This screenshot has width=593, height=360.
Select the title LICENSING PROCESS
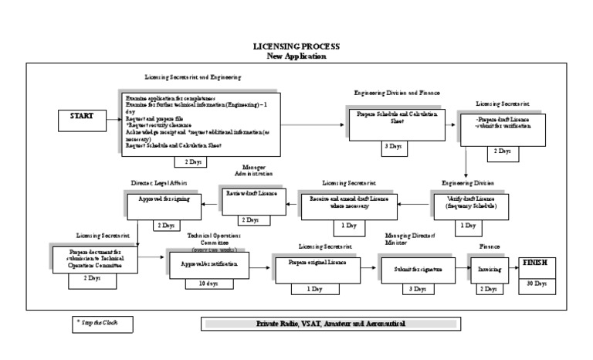pyautogui.click(x=296, y=47)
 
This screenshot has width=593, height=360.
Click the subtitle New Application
pyautogui.click(x=296, y=56)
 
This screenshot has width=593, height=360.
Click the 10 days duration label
pyautogui.click(x=206, y=284)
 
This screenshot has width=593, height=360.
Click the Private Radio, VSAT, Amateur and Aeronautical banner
pyautogui.click(x=330, y=324)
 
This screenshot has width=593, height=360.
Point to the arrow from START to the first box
pyautogui.click(x=113, y=117)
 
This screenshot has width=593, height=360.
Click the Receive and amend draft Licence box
pyautogui.click(x=348, y=202)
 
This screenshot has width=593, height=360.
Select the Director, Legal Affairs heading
pyautogui.click(x=159, y=183)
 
